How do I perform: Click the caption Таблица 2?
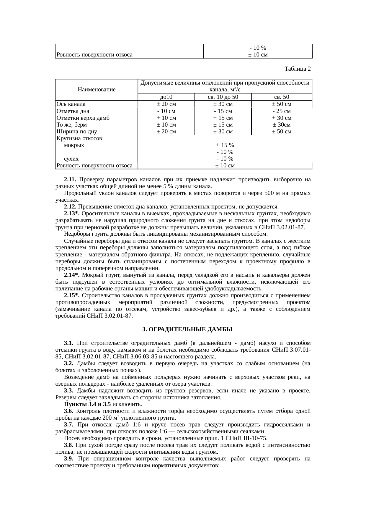tap(297, 69)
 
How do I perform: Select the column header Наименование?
tap(97, 89)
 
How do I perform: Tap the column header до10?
tap(166, 97)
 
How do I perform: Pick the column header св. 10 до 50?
tap(223, 97)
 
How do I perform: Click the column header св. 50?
tap(282, 97)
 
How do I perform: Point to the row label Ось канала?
tap(71, 104)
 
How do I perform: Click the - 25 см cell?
tap(282, 111)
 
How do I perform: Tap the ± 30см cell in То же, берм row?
tap(282, 125)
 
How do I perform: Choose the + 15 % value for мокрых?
tap(225, 145)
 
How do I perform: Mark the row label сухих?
tap(71, 159)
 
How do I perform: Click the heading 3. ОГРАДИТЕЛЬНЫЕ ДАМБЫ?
tap(187, 329)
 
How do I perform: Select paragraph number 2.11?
tap(70, 180)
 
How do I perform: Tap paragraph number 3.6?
tap(69, 411)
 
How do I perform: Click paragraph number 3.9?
tap(69, 459)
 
